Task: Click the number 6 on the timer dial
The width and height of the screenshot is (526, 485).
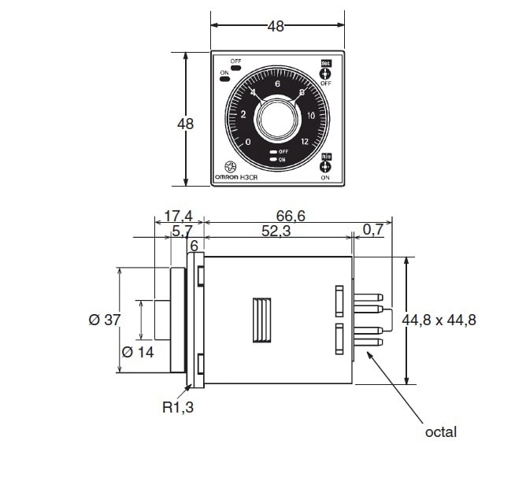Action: click(x=277, y=83)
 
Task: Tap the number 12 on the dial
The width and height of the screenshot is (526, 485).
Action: click(x=305, y=142)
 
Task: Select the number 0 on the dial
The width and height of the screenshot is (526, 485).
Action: click(x=248, y=142)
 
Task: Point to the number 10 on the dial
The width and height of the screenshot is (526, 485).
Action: click(x=312, y=116)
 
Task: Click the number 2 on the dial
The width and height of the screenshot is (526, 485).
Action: click(x=243, y=115)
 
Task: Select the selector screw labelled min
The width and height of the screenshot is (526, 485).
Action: click(x=325, y=167)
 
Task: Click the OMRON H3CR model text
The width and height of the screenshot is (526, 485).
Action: click(x=236, y=177)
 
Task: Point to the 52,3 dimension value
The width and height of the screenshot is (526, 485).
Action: click(x=275, y=231)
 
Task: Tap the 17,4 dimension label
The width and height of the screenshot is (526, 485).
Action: click(x=178, y=215)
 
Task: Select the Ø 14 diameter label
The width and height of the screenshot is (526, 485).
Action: click(x=138, y=352)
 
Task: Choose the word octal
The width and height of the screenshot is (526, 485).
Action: click(x=440, y=432)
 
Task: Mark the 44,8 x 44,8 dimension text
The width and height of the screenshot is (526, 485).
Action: click(x=439, y=320)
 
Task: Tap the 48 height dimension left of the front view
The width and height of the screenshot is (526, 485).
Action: click(x=185, y=124)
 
